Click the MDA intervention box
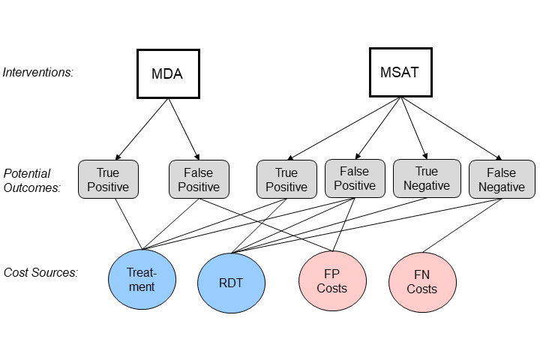(x=168, y=73)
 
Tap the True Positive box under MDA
(x=109, y=179)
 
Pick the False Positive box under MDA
(x=199, y=179)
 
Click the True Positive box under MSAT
(x=286, y=179)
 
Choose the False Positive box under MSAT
(x=354, y=178)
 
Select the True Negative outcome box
(x=422, y=178)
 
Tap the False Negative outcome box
(x=502, y=179)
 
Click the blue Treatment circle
(x=141, y=279)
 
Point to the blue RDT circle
(x=230, y=283)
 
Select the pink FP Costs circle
(x=332, y=280)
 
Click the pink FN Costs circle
(x=422, y=283)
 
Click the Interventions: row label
(x=38, y=73)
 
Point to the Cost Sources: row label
(x=40, y=272)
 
